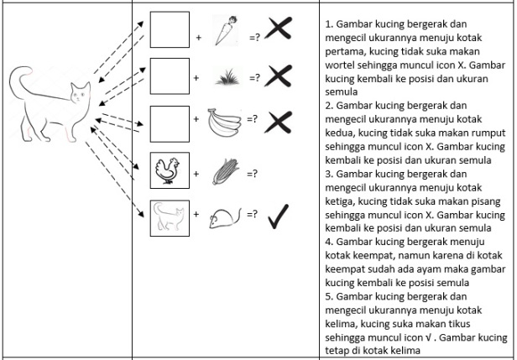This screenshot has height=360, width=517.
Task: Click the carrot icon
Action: tap(222, 31)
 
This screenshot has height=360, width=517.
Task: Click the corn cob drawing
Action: tap(222, 170)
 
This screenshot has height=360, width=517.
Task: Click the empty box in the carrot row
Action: tap(169, 31)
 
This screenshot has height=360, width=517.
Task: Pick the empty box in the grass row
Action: tap(169, 76)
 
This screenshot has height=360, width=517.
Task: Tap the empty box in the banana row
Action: tap(169, 123)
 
